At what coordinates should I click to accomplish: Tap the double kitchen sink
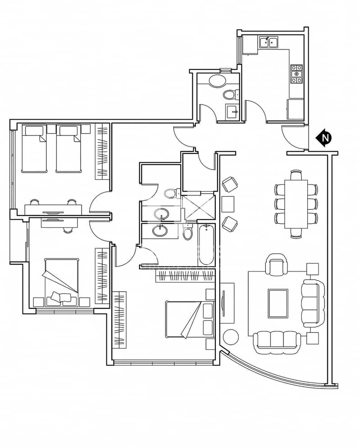pos(269,42)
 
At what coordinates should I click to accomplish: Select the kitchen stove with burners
pos(296,74)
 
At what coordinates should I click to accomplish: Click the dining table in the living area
pos(296,204)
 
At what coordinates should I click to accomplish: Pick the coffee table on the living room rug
pos(278,303)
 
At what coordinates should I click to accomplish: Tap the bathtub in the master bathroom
pos(205,244)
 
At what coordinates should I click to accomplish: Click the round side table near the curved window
pos(231,338)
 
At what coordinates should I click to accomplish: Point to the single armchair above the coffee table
pos(276,264)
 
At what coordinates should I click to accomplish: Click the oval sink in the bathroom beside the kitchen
pos(217,81)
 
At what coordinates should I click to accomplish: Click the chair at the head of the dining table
pos(296,175)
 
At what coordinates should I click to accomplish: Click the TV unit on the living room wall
pos(228,303)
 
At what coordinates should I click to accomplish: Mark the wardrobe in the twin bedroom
pos(102,151)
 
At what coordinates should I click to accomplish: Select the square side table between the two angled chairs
pos(228,204)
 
